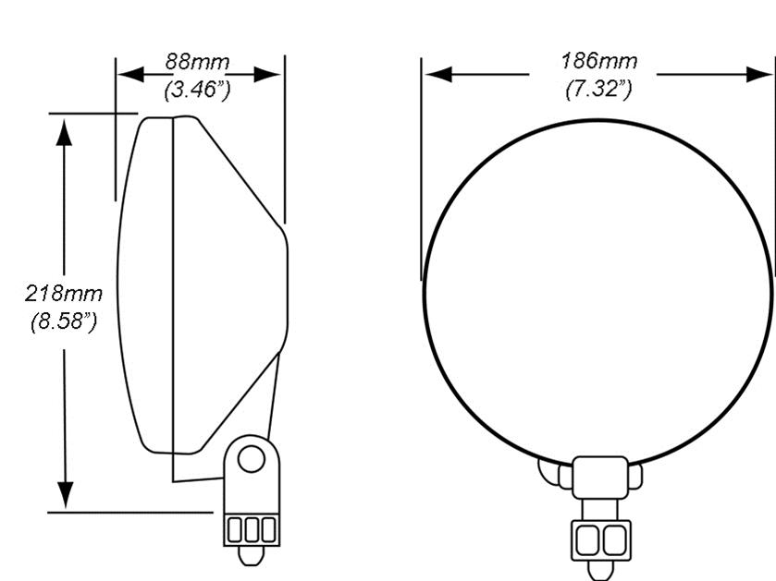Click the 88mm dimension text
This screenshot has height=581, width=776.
click(x=197, y=62)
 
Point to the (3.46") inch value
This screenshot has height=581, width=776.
click(x=197, y=90)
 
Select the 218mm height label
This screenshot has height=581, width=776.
click(x=63, y=294)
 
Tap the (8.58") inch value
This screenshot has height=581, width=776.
click(x=63, y=322)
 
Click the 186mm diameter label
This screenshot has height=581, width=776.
click(x=598, y=61)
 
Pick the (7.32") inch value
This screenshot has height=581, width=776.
click(x=598, y=89)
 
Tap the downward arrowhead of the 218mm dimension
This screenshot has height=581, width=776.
click(x=64, y=493)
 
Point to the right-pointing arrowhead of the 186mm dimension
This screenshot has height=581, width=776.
click(x=759, y=74)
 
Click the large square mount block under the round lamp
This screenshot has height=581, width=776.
click(x=600, y=478)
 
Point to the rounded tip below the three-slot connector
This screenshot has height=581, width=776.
click(x=251, y=555)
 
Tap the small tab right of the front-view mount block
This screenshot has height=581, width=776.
click(x=635, y=477)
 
